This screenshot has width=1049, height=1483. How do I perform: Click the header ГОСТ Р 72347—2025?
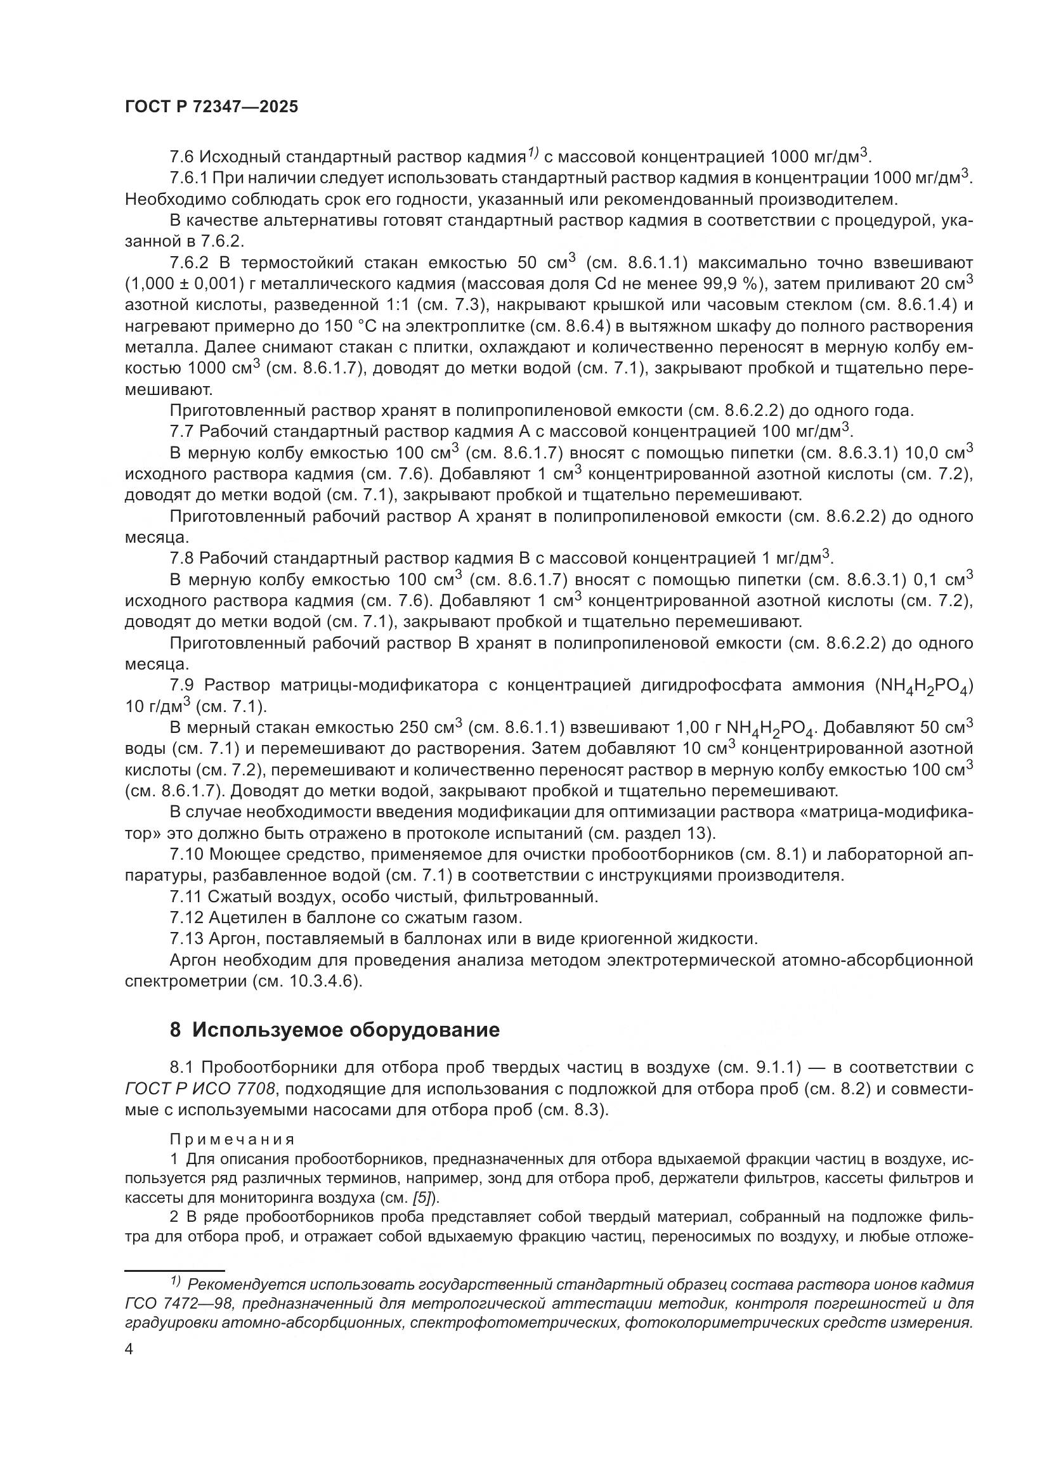tap(211, 107)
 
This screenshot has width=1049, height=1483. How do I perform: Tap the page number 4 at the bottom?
tap(129, 1350)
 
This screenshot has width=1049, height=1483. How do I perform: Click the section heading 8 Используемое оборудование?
tap(335, 1030)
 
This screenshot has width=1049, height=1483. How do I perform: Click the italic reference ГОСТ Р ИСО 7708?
tap(201, 1090)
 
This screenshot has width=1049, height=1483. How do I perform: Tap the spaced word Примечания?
tap(233, 1139)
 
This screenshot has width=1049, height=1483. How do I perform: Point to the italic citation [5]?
tap(425, 1198)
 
